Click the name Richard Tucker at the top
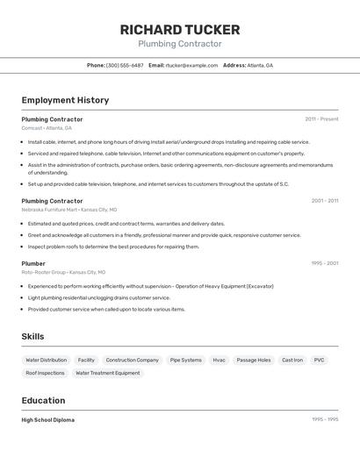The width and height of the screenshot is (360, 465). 180,29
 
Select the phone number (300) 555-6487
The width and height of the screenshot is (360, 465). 125,65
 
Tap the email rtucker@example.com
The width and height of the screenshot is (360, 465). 191,65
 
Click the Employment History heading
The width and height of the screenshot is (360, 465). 65,100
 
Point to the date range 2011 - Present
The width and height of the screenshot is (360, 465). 321,118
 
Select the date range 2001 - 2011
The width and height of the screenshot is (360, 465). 324,201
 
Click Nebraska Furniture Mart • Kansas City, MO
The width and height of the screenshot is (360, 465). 68,211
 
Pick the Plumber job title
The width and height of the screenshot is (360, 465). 33,263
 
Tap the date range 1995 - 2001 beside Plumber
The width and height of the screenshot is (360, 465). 324,263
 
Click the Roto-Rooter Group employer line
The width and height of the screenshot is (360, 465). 63,273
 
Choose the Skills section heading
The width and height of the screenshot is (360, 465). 32,337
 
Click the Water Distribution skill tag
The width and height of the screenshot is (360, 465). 46,360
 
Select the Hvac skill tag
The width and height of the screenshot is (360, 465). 219,360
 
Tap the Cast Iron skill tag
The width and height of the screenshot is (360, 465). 292,360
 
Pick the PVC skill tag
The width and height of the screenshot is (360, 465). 319,360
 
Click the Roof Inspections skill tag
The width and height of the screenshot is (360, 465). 45,373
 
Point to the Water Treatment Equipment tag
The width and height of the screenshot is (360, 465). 108,373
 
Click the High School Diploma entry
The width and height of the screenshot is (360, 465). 48,420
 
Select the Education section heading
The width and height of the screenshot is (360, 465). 44,401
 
